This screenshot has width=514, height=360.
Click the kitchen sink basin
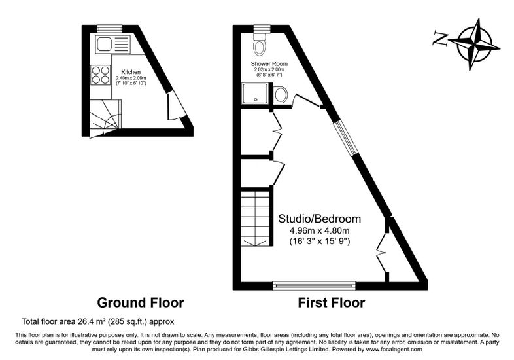(x=104, y=45)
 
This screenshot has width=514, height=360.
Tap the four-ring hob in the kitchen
(x=100, y=75)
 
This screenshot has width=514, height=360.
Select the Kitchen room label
(x=131, y=72)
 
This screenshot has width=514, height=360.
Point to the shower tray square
(x=256, y=94)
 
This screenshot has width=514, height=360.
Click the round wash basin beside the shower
(x=281, y=95)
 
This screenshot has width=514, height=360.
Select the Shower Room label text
(x=269, y=63)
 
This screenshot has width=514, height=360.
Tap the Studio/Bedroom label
(x=320, y=219)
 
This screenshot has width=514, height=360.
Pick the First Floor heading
(x=331, y=302)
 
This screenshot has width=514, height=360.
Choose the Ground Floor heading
(x=141, y=302)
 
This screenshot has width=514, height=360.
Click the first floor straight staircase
(x=255, y=219)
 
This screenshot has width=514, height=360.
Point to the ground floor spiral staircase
(x=105, y=117)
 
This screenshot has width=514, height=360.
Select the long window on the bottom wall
(x=315, y=285)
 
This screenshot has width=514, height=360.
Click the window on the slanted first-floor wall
(x=343, y=138)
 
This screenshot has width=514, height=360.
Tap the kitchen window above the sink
(x=109, y=29)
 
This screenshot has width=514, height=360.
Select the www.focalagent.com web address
(x=394, y=350)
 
